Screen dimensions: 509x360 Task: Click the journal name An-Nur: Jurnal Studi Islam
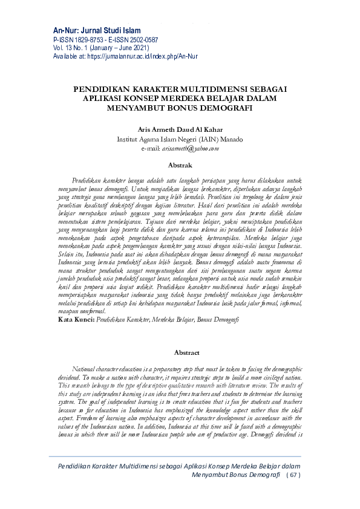tap(96, 30)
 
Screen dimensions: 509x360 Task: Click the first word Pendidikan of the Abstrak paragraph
tap(86, 181)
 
